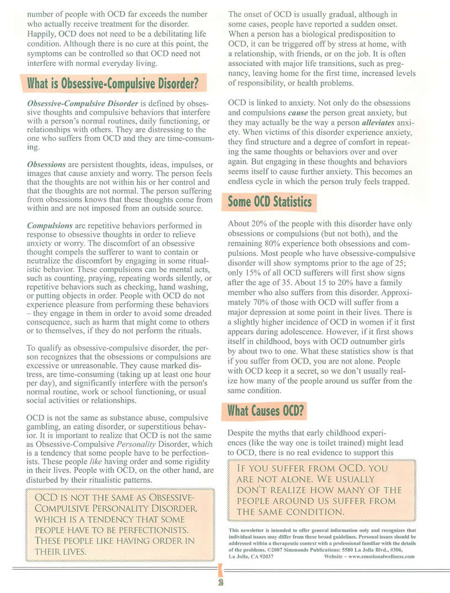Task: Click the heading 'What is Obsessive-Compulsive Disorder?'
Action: point(113,84)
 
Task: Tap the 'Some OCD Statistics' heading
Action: point(270,202)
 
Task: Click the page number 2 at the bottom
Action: point(220,584)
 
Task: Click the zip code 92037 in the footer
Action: point(264,557)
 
